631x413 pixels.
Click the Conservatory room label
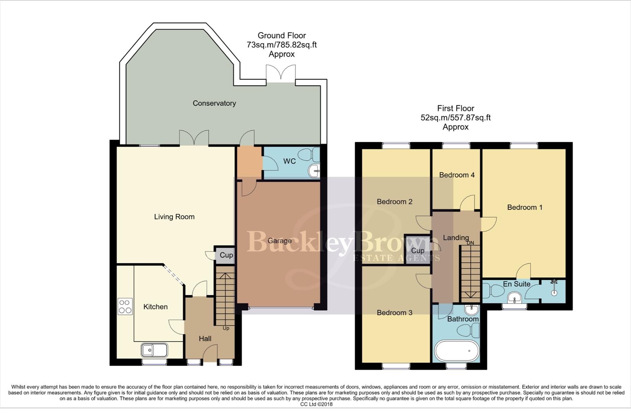[214, 103]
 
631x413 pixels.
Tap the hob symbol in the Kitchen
[125, 306]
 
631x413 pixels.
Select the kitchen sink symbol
[154, 350]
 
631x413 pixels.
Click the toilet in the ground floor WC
[308, 155]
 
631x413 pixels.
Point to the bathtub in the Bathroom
[457, 351]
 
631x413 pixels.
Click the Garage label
[279, 241]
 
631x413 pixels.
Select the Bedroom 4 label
[457, 175]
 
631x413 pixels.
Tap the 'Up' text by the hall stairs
[226, 328]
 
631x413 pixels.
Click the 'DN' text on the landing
[470, 243]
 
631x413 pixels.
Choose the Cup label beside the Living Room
[226, 255]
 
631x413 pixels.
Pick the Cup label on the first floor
[417, 251]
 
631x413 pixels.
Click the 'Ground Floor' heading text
[282, 36]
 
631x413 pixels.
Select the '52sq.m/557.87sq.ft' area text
[455, 118]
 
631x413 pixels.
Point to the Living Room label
[174, 217]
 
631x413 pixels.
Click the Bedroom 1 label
[525, 207]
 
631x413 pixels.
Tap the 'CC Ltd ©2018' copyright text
[316, 404]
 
